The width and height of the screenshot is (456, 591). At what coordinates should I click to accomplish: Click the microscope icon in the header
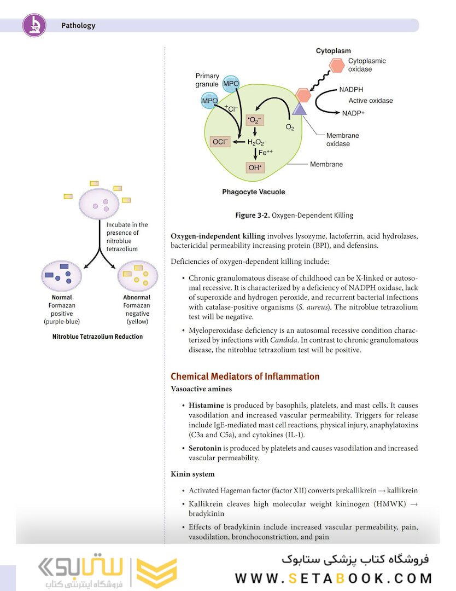pos(34,25)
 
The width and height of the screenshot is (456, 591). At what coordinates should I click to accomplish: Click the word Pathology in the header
pos(78,25)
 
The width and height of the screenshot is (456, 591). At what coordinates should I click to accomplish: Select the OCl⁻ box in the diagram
pos(220,142)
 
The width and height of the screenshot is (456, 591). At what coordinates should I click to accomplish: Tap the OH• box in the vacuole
pos(255,167)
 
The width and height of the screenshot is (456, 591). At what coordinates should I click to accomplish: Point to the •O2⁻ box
pos(255,120)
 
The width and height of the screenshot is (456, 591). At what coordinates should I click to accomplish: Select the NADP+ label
pos(353,113)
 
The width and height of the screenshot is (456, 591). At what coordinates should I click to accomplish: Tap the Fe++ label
pos(266,153)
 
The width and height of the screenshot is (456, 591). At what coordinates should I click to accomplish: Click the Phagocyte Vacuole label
pos(253,192)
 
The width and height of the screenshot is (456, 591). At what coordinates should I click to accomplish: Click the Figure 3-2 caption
pos(294,215)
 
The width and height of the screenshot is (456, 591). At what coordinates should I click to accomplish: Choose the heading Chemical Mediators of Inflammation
pos(245,376)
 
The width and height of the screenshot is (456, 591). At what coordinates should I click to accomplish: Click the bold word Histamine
pos(206,405)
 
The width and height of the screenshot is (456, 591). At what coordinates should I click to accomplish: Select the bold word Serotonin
pos(207,448)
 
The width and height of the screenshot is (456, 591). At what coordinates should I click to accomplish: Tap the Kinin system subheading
pos(192,474)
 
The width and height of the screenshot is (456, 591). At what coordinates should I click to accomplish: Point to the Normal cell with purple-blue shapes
pos(61,275)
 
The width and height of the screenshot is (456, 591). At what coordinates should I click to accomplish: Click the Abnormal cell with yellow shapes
pos(137,275)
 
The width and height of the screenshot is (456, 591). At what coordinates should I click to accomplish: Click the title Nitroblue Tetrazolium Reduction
pos(97,337)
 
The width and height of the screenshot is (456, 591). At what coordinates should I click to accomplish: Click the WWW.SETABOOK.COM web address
pos(334,578)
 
